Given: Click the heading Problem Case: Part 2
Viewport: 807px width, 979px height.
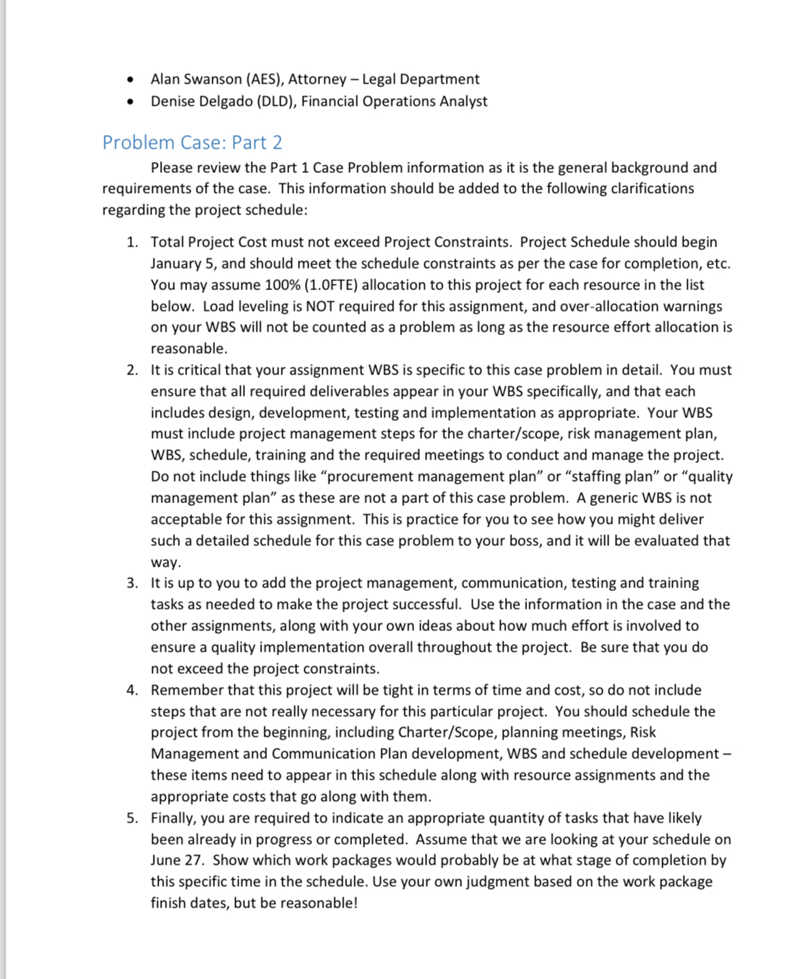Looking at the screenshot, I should pos(192,142).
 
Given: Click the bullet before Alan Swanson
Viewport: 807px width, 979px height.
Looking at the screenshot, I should pos(129,79).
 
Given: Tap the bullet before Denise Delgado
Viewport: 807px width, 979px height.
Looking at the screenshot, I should pos(129,101).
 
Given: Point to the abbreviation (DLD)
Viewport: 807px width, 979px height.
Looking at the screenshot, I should pos(274,101).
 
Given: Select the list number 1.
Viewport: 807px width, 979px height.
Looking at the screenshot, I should pos(131,242).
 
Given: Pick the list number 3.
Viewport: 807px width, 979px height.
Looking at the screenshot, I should pos(131,583).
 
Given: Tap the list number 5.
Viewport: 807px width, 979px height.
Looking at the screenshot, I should pos(131,818).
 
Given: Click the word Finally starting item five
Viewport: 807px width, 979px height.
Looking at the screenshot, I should pos(172,818).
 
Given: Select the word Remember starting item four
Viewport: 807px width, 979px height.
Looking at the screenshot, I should pos(187,690).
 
